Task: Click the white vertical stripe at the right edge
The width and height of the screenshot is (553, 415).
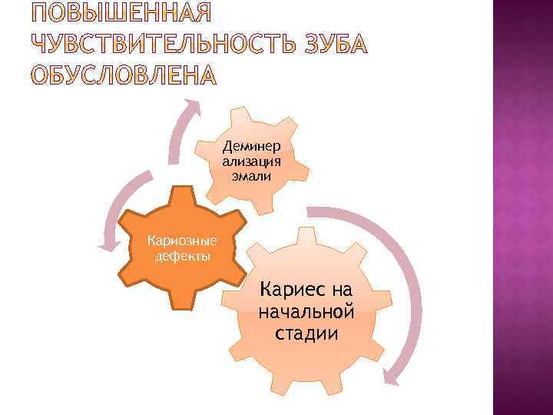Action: pos(497,207)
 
